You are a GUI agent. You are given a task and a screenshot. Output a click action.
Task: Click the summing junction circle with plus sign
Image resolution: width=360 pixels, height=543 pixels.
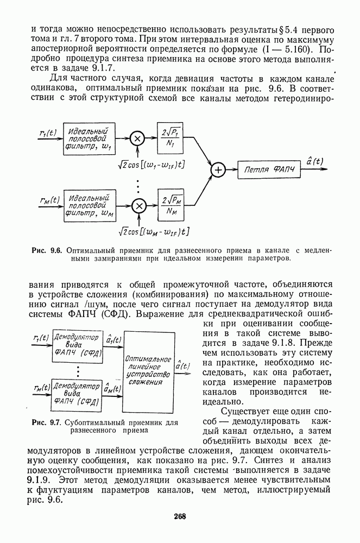[x=218, y=170]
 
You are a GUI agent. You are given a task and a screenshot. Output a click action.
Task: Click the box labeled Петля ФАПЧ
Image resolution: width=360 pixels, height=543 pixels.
[x=269, y=170]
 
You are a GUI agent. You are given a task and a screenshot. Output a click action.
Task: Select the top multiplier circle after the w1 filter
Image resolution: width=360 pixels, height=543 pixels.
[x=137, y=138]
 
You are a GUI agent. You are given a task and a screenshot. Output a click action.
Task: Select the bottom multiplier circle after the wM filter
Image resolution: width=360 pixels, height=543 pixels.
[x=140, y=205]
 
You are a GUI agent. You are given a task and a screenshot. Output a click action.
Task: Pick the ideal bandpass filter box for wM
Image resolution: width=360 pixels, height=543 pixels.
[x=90, y=205]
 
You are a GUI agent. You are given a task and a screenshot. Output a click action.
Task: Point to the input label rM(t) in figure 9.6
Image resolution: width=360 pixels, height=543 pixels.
[x=48, y=200]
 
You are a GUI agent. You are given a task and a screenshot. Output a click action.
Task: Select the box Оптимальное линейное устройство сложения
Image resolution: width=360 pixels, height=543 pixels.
[x=148, y=370]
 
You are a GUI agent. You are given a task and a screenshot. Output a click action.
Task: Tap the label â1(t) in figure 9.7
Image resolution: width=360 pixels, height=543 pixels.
[x=113, y=339]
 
